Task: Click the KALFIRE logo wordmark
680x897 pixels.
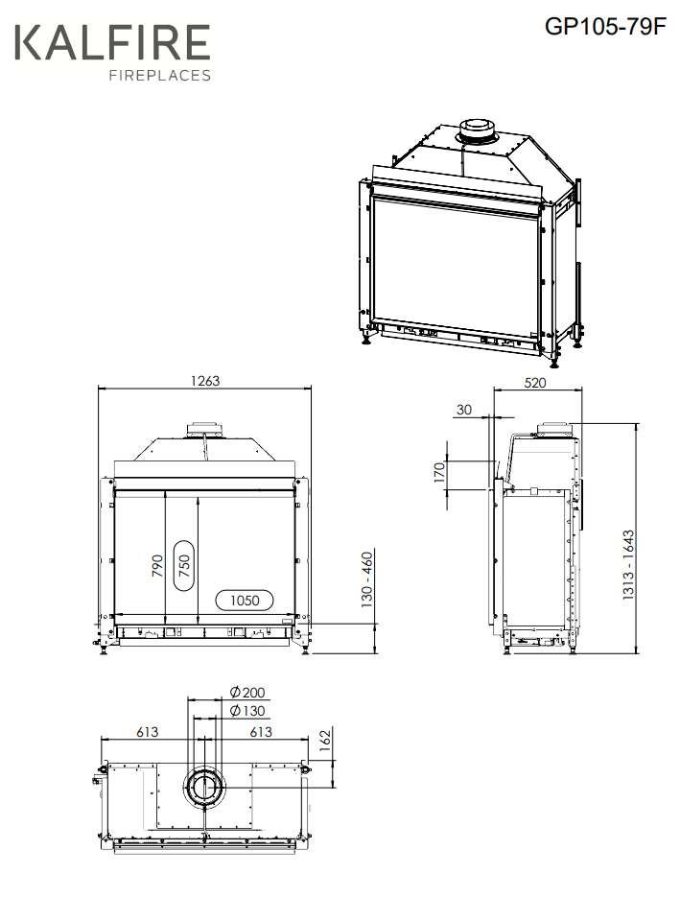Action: [112, 42]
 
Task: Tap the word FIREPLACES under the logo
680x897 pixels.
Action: [160, 75]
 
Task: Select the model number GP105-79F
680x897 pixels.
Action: [605, 26]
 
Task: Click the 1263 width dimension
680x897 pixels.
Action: [204, 381]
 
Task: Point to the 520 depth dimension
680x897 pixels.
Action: [535, 382]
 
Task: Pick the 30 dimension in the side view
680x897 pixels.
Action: [464, 410]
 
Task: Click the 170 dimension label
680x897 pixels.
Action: [439, 473]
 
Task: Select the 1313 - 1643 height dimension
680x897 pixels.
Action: [628, 565]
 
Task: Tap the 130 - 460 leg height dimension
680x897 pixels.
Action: [367, 578]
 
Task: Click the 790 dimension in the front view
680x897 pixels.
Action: [157, 566]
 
